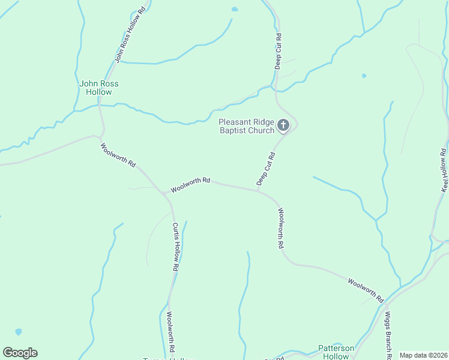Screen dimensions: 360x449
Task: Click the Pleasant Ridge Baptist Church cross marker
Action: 283,126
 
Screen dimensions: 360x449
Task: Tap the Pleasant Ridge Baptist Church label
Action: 246,126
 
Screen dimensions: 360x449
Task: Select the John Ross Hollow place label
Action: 98,88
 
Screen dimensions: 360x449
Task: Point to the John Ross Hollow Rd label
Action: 130,35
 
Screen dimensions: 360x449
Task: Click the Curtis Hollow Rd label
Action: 175,247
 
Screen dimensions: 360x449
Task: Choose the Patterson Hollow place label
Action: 336,352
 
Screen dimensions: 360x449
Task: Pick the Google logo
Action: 20,353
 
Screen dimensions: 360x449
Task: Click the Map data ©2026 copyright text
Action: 423,355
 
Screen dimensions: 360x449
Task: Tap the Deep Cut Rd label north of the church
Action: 279,51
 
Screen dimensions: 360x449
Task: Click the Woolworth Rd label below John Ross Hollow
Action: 118,155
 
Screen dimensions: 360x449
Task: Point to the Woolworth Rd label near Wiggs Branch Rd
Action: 366,290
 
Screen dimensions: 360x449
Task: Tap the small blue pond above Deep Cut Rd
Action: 234,10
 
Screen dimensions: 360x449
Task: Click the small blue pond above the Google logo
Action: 19,332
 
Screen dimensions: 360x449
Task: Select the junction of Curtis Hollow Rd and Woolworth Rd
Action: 164,194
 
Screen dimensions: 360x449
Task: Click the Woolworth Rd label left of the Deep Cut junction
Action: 190,184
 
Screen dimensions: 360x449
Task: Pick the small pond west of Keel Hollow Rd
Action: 364,76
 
